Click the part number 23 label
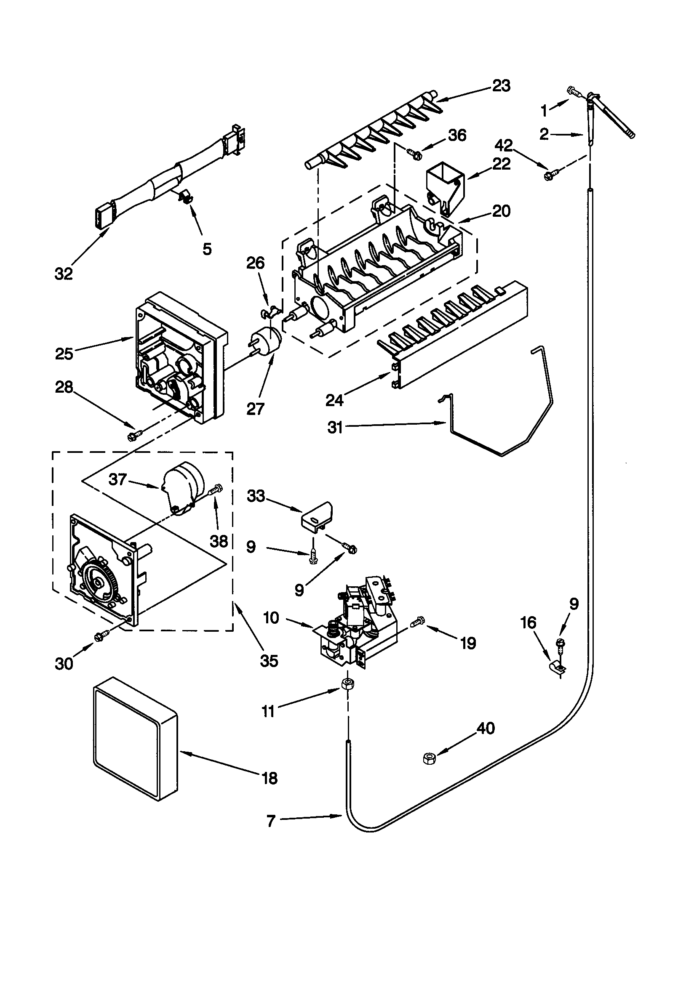pyautogui.click(x=501, y=86)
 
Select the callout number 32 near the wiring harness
pyautogui.click(x=64, y=274)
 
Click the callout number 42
pyautogui.click(x=504, y=146)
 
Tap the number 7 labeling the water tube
pyautogui.click(x=271, y=821)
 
